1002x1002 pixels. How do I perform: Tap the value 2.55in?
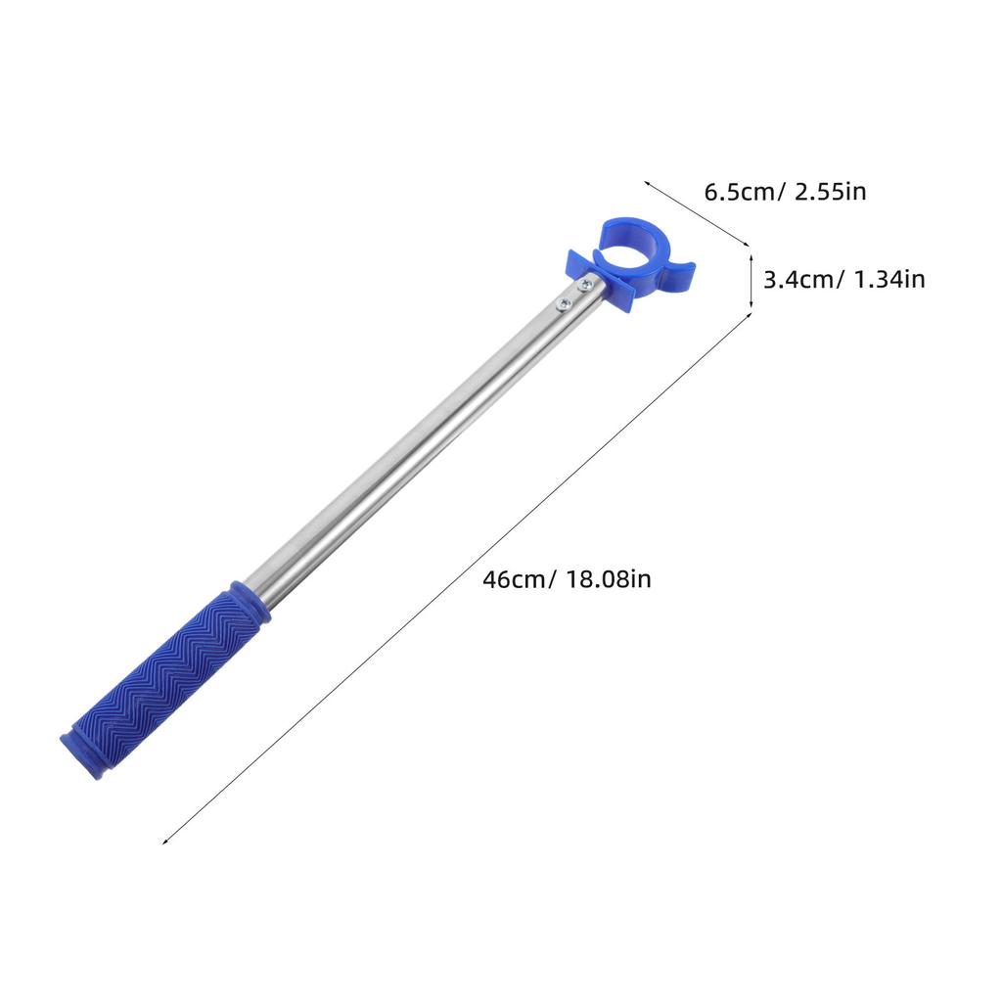[x=830, y=192]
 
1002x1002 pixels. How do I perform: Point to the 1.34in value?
[x=889, y=279]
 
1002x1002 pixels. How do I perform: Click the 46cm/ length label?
[x=520, y=579]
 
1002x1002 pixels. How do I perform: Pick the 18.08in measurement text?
[x=609, y=579]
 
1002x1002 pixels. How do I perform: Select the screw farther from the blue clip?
[x=565, y=303]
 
